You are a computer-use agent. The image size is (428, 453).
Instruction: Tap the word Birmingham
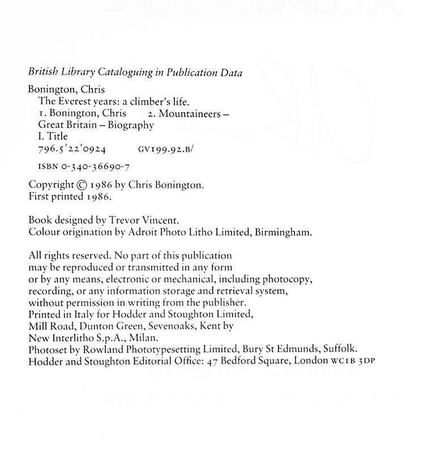[x=284, y=232]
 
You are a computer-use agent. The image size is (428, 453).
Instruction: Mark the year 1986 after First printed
[x=99, y=196]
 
